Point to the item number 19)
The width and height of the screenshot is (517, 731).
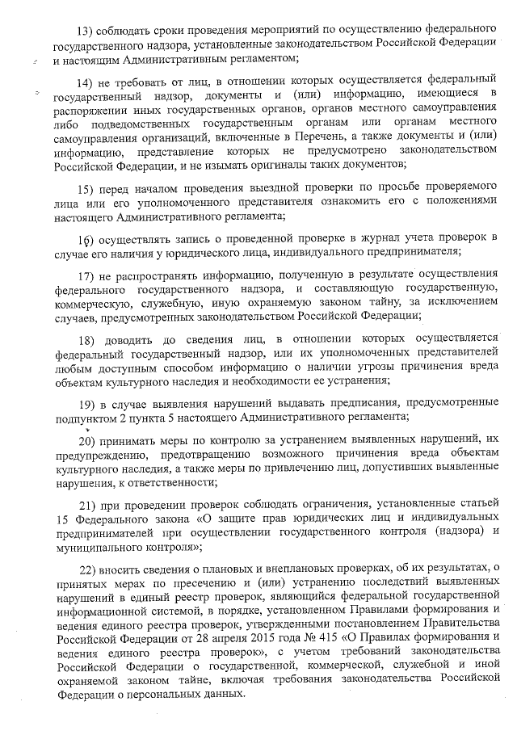pos(87,403)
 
